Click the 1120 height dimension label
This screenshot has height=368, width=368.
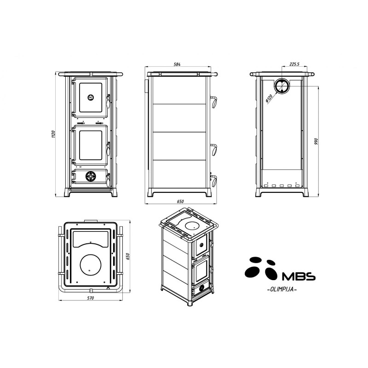point(53,134)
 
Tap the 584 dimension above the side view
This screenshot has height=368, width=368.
point(177,64)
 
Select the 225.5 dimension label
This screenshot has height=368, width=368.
point(294,64)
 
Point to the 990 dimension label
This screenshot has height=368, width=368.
point(316,141)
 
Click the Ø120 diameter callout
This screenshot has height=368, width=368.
point(269,98)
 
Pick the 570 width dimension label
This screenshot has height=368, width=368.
point(90,298)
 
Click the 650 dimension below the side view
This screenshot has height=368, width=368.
point(180,201)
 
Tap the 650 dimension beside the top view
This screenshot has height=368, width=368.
point(128,257)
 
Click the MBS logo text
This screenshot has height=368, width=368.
point(298,276)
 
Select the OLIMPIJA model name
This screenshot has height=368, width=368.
point(282,289)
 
